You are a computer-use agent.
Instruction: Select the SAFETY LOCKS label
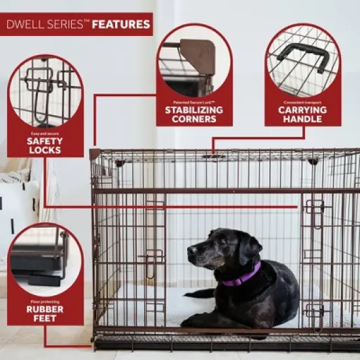pyautogui.click(x=45, y=145)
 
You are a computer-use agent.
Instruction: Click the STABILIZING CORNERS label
pyautogui.click(x=194, y=114)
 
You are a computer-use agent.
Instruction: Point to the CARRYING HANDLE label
pyautogui.click(x=302, y=115)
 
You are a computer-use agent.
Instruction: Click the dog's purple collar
pyautogui.click(x=242, y=276)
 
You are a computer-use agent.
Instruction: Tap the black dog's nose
pyautogui.click(x=191, y=251)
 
